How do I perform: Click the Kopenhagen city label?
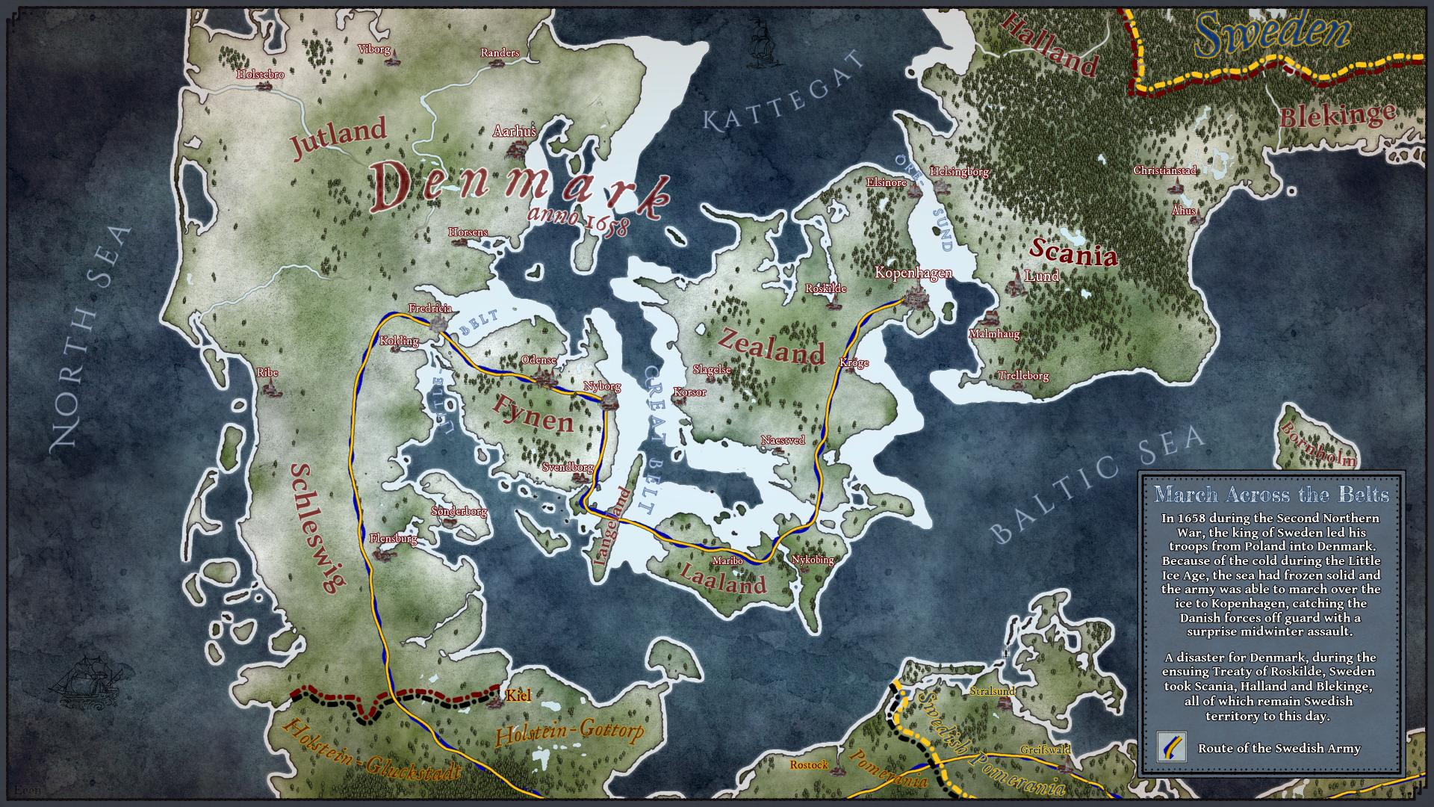point(913,273)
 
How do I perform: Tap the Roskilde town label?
point(825,288)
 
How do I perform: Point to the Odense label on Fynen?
point(538,360)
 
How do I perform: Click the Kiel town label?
point(518,696)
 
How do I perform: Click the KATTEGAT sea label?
point(782,96)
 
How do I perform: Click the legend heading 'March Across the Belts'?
point(1271,495)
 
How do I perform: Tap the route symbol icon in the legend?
point(1171,747)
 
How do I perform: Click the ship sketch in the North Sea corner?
point(86,682)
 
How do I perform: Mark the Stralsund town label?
point(992,691)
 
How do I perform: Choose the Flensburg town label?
point(393,539)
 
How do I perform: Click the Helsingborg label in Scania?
point(959,172)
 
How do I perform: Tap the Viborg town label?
point(374,49)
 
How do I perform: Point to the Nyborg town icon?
point(609,402)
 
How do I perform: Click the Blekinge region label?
point(1337,115)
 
